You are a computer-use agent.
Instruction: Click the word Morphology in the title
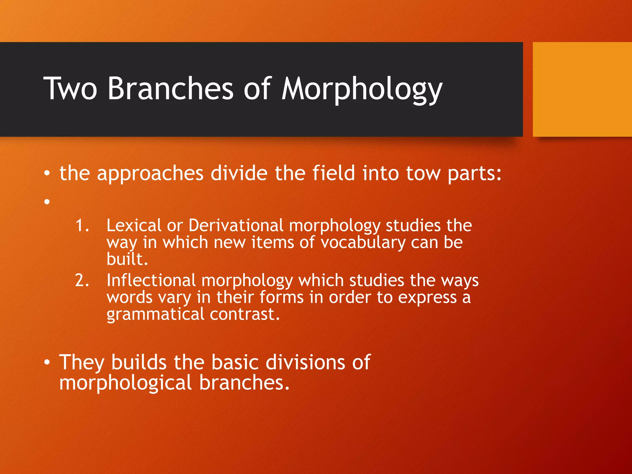click(x=362, y=89)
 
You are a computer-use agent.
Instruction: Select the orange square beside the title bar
click(x=582, y=89)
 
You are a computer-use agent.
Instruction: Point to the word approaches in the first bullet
click(x=150, y=174)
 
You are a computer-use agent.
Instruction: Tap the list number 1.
click(x=82, y=225)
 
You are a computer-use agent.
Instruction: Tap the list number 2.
click(x=82, y=281)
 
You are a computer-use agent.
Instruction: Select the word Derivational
click(x=236, y=225)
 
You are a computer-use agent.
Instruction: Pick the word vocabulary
click(x=363, y=243)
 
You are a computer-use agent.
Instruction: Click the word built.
click(x=127, y=259)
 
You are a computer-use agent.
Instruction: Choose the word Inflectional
click(x=151, y=281)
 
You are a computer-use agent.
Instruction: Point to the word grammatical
click(x=155, y=314)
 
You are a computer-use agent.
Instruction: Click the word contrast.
click(x=245, y=314)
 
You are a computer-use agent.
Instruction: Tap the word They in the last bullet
click(x=82, y=362)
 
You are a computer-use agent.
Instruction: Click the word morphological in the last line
click(x=125, y=383)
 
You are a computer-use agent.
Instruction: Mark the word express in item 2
click(x=427, y=298)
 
